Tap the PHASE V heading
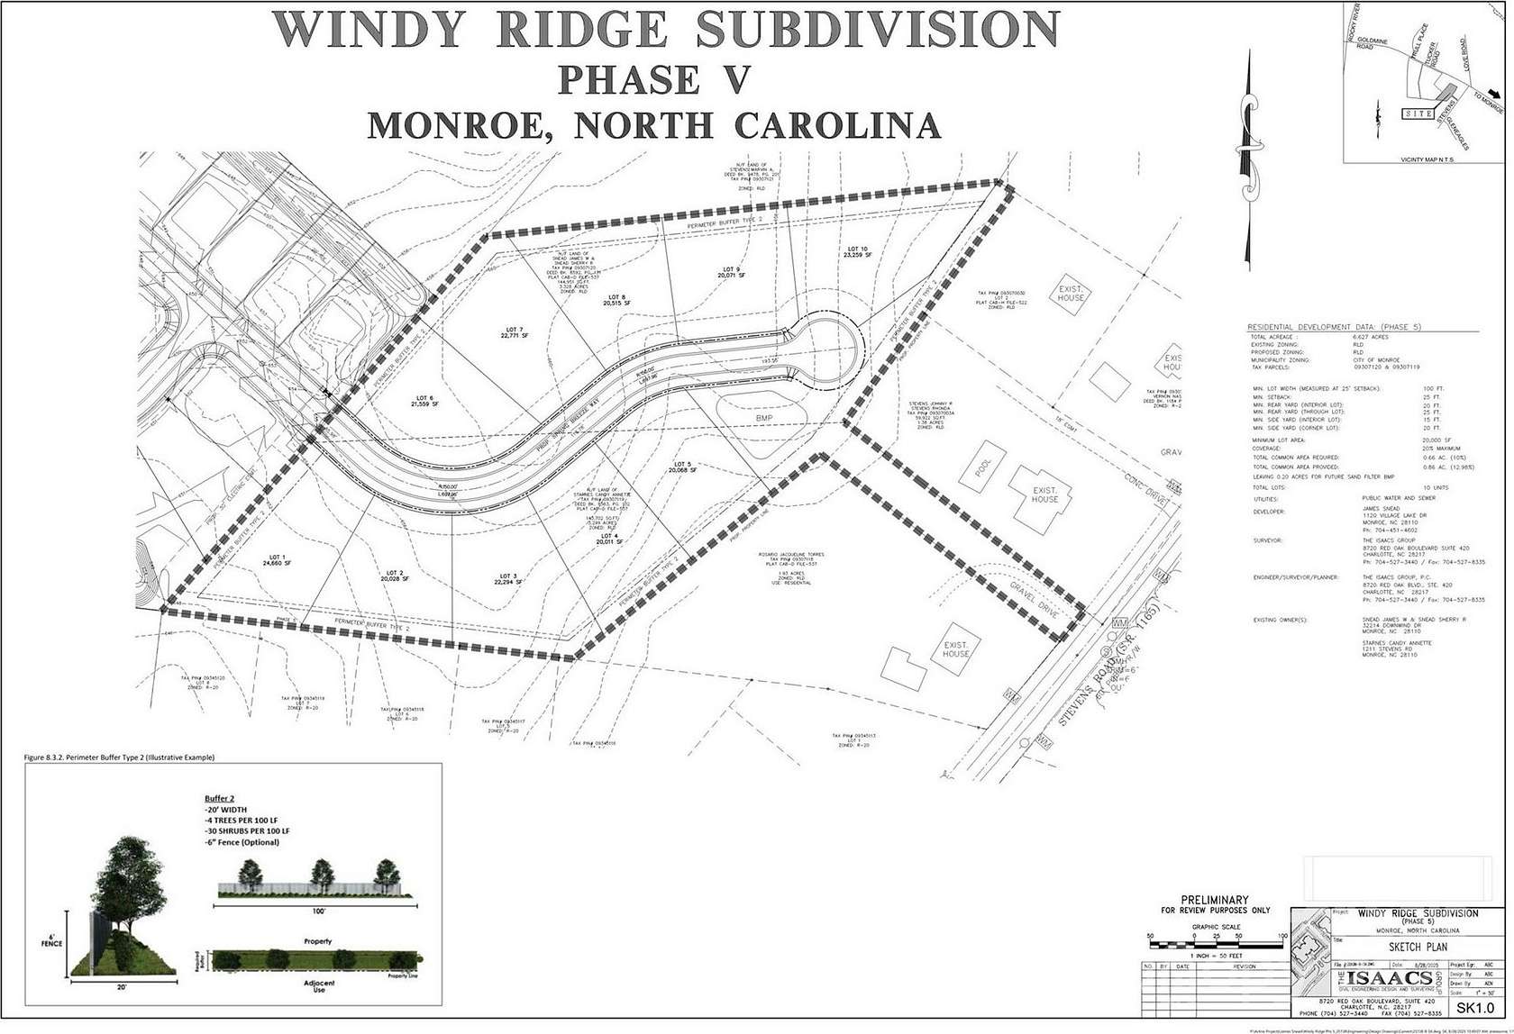coord(653,79)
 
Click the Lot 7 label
coord(514,332)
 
